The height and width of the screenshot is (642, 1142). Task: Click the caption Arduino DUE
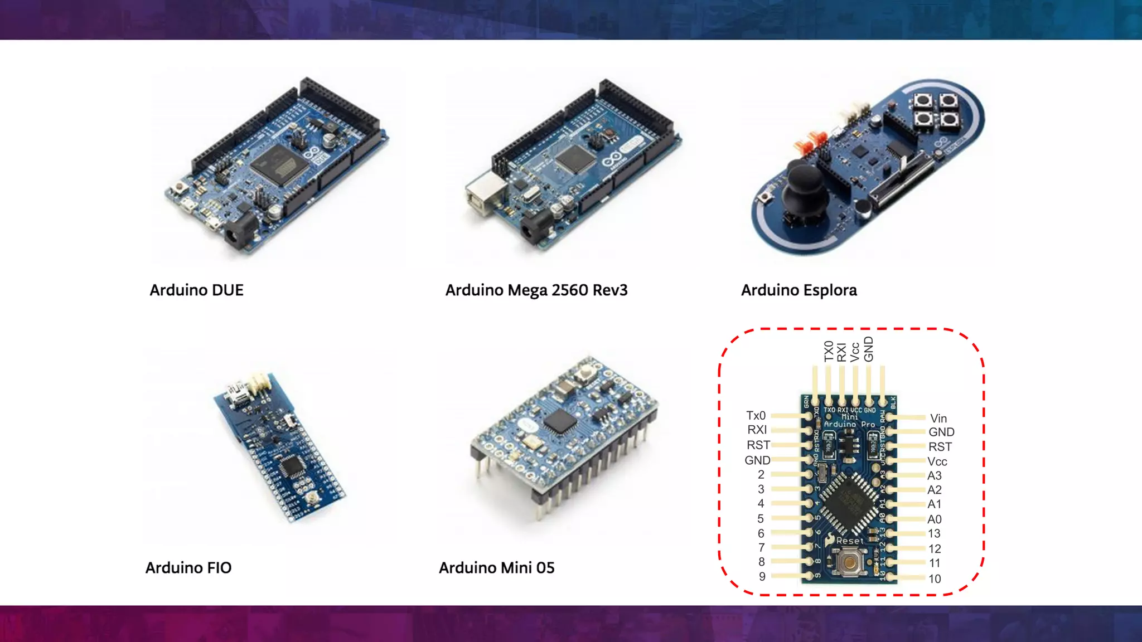196,290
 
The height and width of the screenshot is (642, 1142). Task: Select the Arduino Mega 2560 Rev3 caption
536,290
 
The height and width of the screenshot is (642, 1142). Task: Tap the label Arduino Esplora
799,290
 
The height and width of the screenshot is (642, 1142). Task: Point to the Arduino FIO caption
188,568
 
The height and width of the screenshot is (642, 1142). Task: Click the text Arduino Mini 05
496,568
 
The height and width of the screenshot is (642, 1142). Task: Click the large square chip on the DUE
279,163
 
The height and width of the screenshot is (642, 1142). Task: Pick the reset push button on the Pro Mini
850,562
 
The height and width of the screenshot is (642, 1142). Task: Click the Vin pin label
938,419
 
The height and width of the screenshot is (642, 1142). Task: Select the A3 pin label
935,476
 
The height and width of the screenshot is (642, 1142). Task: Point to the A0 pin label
935,519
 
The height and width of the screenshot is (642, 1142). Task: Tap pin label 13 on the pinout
935,534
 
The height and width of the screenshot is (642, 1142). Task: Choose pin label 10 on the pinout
935,579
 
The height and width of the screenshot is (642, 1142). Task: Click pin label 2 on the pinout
761,475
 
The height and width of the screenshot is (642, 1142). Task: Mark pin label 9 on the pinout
762,577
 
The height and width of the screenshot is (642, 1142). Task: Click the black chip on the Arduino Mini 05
559,421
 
